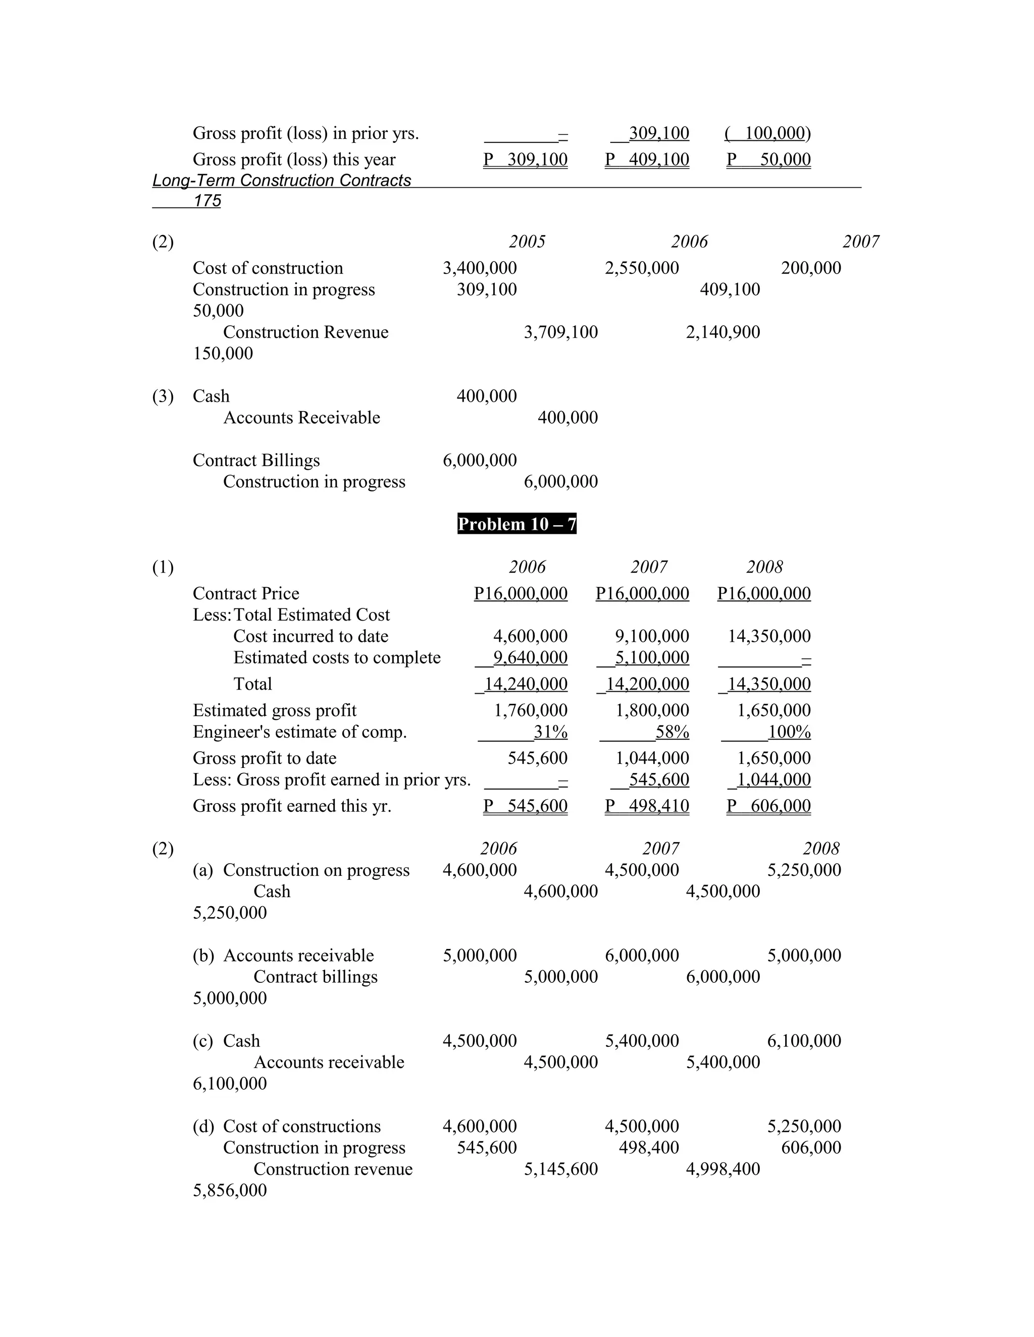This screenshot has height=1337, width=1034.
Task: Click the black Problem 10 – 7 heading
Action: tap(516, 524)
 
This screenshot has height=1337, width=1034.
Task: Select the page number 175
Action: tap(207, 201)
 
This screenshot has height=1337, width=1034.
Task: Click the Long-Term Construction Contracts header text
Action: tap(281, 181)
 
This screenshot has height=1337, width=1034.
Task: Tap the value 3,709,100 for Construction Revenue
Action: tap(560, 332)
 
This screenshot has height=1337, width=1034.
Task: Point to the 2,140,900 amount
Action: tap(723, 332)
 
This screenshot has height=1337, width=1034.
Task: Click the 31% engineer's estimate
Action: tap(550, 732)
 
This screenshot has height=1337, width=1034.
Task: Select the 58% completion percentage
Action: tap(672, 732)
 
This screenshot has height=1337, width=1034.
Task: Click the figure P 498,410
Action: tap(647, 806)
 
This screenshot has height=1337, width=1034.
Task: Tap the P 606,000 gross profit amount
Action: tap(769, 806)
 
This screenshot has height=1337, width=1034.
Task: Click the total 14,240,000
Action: tap(526, 684)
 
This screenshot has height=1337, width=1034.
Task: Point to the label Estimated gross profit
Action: tap(275, 710)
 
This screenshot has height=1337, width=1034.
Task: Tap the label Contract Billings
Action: tap(256, 460)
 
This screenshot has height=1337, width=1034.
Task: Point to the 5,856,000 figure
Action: tap(230, 1190)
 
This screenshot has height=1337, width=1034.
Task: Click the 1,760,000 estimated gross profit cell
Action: tap(531, 710)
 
